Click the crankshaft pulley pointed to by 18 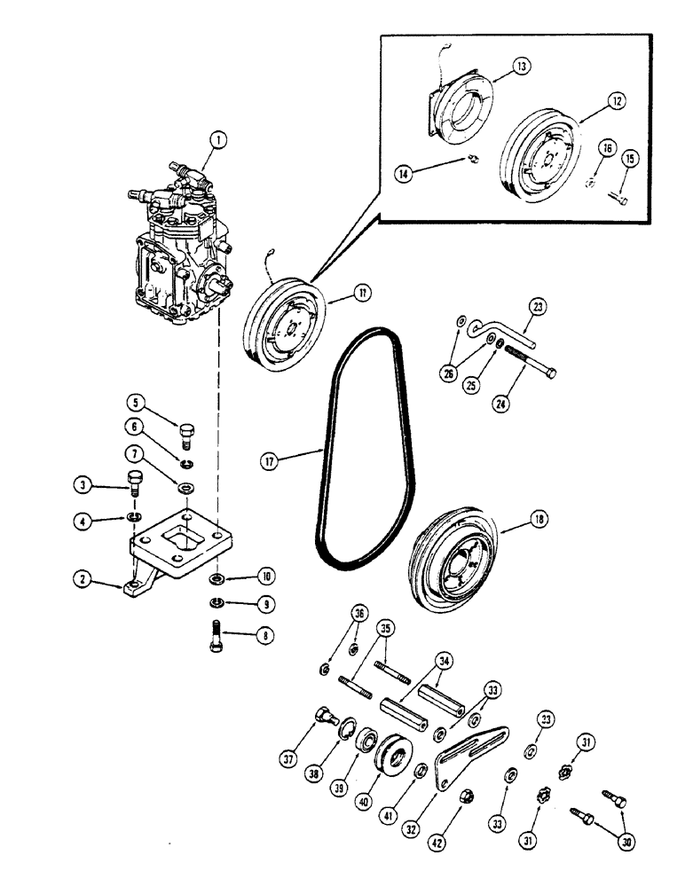pyautogui.click(x=452, y=563)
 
